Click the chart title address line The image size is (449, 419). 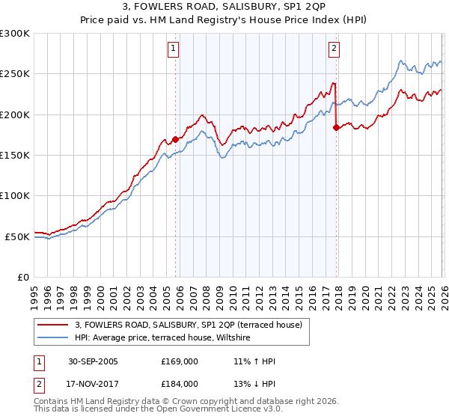pyautogui.click(x=224, y=8)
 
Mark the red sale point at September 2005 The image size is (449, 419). pyautogui.click(x=176, y=139)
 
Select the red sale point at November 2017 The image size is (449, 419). pyautogui.click(x=336, y=127)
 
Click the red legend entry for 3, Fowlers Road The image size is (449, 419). pyautogui.click(x=188, y=325)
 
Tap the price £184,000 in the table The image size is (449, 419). pyautogui.click(x=180, y=384)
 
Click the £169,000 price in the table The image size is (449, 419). pyautogui.click(x=180, y=361)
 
